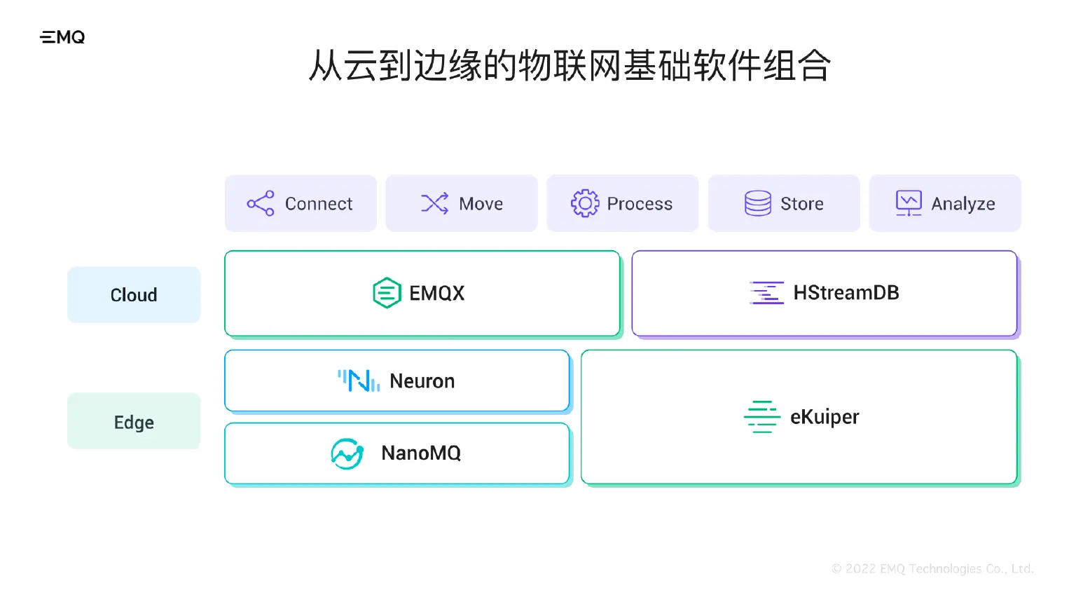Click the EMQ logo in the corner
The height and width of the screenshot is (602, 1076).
(62, 37)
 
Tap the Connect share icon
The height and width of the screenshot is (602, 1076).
(261, 203)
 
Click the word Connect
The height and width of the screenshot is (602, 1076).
(318, 204)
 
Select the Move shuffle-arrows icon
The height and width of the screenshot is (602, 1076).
(434, 203)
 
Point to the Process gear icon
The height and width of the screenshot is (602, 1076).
(584, 203)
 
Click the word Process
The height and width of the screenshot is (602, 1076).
(639, 204)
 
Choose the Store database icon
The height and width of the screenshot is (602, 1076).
(757, 203)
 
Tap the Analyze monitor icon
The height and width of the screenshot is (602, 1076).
(909, 203)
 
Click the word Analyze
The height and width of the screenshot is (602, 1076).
(963, 204)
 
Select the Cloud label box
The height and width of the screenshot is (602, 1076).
(134, 295)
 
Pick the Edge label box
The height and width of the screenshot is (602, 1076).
(134, 421)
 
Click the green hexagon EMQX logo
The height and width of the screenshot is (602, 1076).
(387, 293)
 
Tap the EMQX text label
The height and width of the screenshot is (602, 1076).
(436, 294)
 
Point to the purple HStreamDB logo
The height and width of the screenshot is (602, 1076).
(766, 293)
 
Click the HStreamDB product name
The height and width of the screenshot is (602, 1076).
(846, 293)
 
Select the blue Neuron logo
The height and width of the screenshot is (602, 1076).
(359, 381)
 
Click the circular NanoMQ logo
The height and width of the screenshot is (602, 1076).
(347, 453)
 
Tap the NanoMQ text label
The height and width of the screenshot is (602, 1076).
(420, 453)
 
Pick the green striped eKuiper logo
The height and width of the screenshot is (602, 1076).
(761, 417)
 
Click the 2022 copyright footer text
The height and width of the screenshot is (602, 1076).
(932, 569)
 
